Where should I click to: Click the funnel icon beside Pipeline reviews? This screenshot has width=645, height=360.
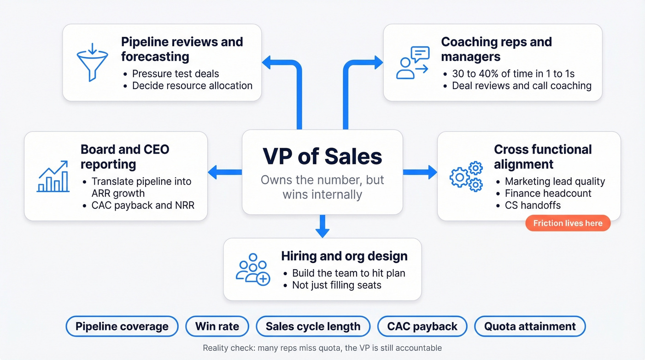(92, 62)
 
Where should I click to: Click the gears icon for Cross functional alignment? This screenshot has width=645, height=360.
(466, 176)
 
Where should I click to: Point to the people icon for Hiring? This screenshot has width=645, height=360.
(252, 269)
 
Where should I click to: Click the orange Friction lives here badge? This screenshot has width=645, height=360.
(568, 224)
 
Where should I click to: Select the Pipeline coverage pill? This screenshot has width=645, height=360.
(122, 327)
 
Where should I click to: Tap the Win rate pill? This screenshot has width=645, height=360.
(217, 327)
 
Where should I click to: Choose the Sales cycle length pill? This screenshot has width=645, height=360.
(313, 327)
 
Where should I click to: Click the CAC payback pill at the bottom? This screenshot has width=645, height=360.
(422, 327)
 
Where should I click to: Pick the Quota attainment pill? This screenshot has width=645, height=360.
(530, 327)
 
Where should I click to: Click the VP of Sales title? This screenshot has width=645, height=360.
(322, 156)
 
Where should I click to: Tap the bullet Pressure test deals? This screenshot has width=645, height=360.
(175, 74)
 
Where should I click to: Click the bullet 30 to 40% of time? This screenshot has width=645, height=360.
(513, 74)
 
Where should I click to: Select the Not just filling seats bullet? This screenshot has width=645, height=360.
(336, 285)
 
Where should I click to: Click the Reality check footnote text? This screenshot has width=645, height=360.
(322, 348)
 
